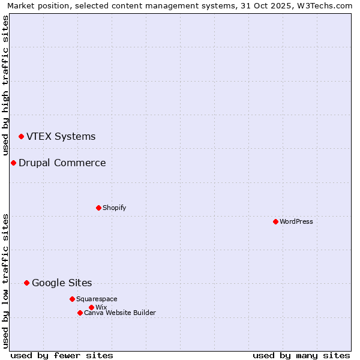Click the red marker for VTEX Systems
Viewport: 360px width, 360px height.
(x=21, y=137)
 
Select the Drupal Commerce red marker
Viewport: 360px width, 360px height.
(x=13, y=163)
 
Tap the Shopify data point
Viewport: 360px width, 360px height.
(x=98, y=208)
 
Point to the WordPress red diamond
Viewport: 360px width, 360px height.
(x=275, y=221)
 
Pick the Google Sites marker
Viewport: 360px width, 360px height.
(x=26, y=283)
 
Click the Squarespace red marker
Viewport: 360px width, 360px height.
(x=72, y=299)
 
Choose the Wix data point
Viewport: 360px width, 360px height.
(x=91, y=307)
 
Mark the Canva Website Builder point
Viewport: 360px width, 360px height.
(x=80, y=313)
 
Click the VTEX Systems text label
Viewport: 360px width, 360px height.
(x=61, y=137)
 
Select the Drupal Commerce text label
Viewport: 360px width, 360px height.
(x=62, y=163)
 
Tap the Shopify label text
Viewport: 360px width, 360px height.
(x=114, y=208)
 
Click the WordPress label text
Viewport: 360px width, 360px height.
(x=296, y=221)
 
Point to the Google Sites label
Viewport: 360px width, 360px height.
(x=62, y=283)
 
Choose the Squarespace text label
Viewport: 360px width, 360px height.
(x=97, y=299)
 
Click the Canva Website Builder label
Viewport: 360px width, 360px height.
(x=120, y=313)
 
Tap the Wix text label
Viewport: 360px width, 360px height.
(x=101, y=307)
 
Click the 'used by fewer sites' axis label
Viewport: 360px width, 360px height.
(x=62, y=355)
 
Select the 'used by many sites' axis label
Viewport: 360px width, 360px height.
(x=301, y=355)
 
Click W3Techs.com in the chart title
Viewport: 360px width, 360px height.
(x=325, y=5)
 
